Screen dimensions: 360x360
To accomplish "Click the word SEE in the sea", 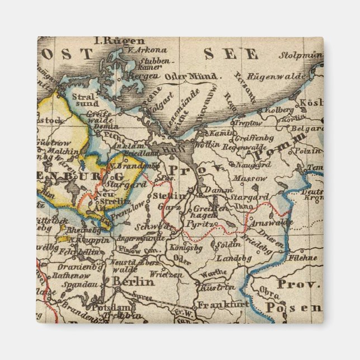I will pos(231,54).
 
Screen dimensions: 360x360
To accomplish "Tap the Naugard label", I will pos(252,165).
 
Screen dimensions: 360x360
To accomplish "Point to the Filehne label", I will pos(303,258).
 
